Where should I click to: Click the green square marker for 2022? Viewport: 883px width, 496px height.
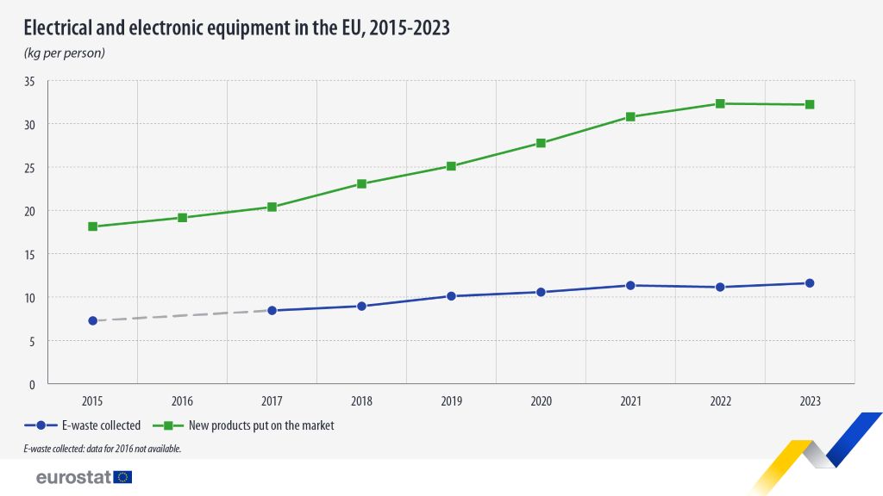point(720,103)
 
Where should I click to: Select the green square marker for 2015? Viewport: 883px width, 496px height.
point(92,226)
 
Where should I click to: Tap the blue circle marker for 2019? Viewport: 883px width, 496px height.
point(451,296)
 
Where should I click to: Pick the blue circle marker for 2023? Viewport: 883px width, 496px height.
point(810,283)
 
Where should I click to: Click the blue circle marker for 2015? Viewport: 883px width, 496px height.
point(92,320)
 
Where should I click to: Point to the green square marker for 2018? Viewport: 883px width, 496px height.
point(361,183)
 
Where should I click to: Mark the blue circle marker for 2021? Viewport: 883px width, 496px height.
point(630,285)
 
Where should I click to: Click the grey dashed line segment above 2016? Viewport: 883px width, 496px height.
point(182,315)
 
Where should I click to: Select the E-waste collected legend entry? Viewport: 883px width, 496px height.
point(83,425)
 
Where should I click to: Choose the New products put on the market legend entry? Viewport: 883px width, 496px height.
point(243,425)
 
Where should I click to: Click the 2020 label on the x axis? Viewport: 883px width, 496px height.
point(541,401)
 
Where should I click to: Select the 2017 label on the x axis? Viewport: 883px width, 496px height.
point(272,401)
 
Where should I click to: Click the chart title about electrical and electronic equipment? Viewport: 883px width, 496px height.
point(236,29)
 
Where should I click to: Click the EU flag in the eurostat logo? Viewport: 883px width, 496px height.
point(122,477)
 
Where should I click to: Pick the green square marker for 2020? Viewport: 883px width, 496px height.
point(541,143)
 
